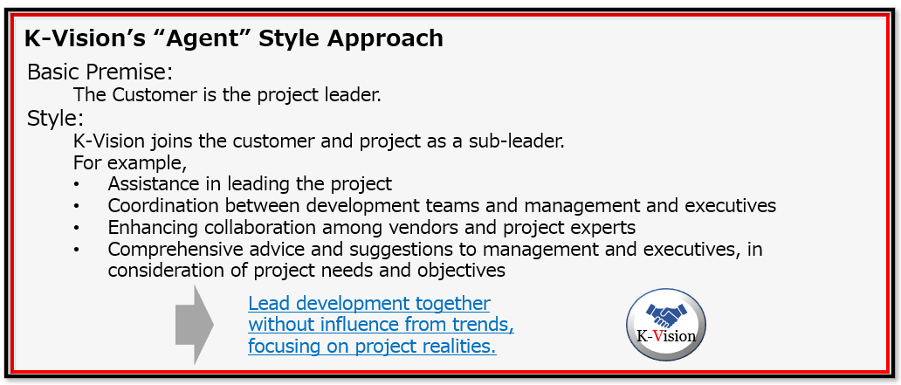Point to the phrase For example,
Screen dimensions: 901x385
coord(130,164)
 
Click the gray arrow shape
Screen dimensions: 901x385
coord(194,325)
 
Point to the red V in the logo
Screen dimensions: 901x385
coord(658,335)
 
